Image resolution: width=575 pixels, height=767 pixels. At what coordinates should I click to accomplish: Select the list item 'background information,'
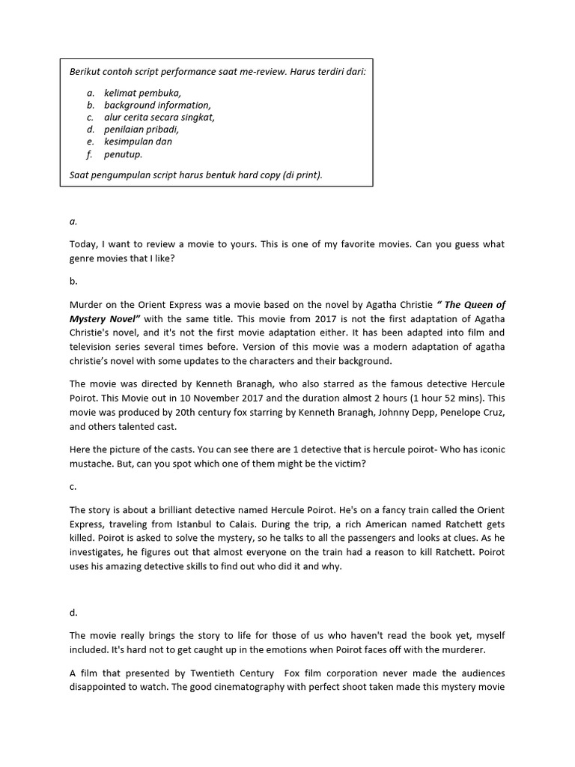tap(157, 105)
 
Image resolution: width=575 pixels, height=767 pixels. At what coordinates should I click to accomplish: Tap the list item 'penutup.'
tap(123, 154)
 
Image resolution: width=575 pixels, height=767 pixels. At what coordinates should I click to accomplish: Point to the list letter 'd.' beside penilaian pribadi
tap(91, 130)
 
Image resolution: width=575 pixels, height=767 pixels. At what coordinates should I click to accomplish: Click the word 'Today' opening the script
tap(83, 244)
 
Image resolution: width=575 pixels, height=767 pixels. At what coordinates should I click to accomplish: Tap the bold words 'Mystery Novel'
tap(103, 317)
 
